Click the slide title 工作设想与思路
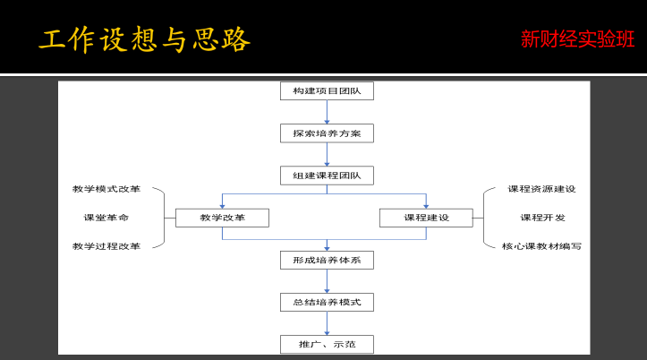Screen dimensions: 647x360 (144, 40)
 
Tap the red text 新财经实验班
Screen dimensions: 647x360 (577, 39)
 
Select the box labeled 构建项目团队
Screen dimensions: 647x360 (327, 90)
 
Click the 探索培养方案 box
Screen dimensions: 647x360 (327, 133)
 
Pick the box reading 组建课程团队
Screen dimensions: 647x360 (327, 176)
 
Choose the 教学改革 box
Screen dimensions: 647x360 (223, 218)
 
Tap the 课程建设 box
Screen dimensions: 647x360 (426, 218)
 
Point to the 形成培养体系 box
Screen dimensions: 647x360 (327, 260)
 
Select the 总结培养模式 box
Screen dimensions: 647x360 (327, 302)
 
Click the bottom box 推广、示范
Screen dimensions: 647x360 (327, 344)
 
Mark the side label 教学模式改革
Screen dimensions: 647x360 (106, 189)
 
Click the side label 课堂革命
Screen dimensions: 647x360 (106, 218)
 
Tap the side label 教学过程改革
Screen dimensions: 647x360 (106, 246)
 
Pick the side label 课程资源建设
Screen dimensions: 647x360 (541, 189)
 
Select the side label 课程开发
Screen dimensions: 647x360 (542, 218)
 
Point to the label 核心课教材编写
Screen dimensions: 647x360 (541, 246)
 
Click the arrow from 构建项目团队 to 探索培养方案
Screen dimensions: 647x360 (327, 112)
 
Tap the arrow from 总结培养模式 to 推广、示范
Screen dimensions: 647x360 (327, 323)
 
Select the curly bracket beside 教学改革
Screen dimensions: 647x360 (165, 218)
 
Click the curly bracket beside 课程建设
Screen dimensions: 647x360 (483, 218)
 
